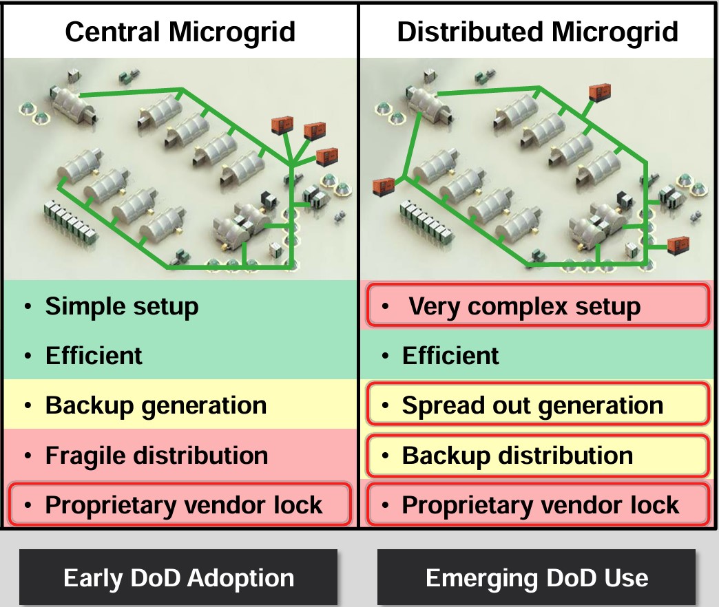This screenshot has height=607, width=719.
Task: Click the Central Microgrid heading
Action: pyautogui.click(x=180, y=32)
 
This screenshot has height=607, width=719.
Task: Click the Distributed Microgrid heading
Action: pyautogui.click(x=537, y=32)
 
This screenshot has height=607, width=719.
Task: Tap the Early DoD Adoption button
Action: pyautogui.click(x=178, y=577)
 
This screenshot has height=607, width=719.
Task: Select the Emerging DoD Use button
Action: pyautogui.click(x=536, y=577)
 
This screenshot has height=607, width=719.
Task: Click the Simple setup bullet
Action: pyautogui.click(x=122, y=306)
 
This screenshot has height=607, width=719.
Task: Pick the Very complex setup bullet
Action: pyautogui.click(x=524, y=306)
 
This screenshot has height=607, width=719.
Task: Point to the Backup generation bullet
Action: pyautogui.click(x=156, y=405)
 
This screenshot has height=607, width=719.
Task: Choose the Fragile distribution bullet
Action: pyautogui.click(x=156, y=455)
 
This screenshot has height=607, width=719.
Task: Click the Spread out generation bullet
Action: pyautogui.click(x=532, y=405)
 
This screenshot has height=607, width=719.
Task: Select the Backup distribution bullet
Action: pyautogui.click(x=517, y=455)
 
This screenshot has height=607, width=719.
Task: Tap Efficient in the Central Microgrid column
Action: pyautogui.click(x=94, y=356)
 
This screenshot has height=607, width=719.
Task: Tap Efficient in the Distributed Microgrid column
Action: pyautogui.click(x=450, y=356)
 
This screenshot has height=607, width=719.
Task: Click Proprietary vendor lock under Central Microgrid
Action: pyautogui.click(x=184, y=505)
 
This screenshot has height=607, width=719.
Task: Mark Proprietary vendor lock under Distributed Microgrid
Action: pyautogui.click(x=541, y=505)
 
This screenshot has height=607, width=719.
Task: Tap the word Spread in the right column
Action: pyautogui.click(x=436, y=405)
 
